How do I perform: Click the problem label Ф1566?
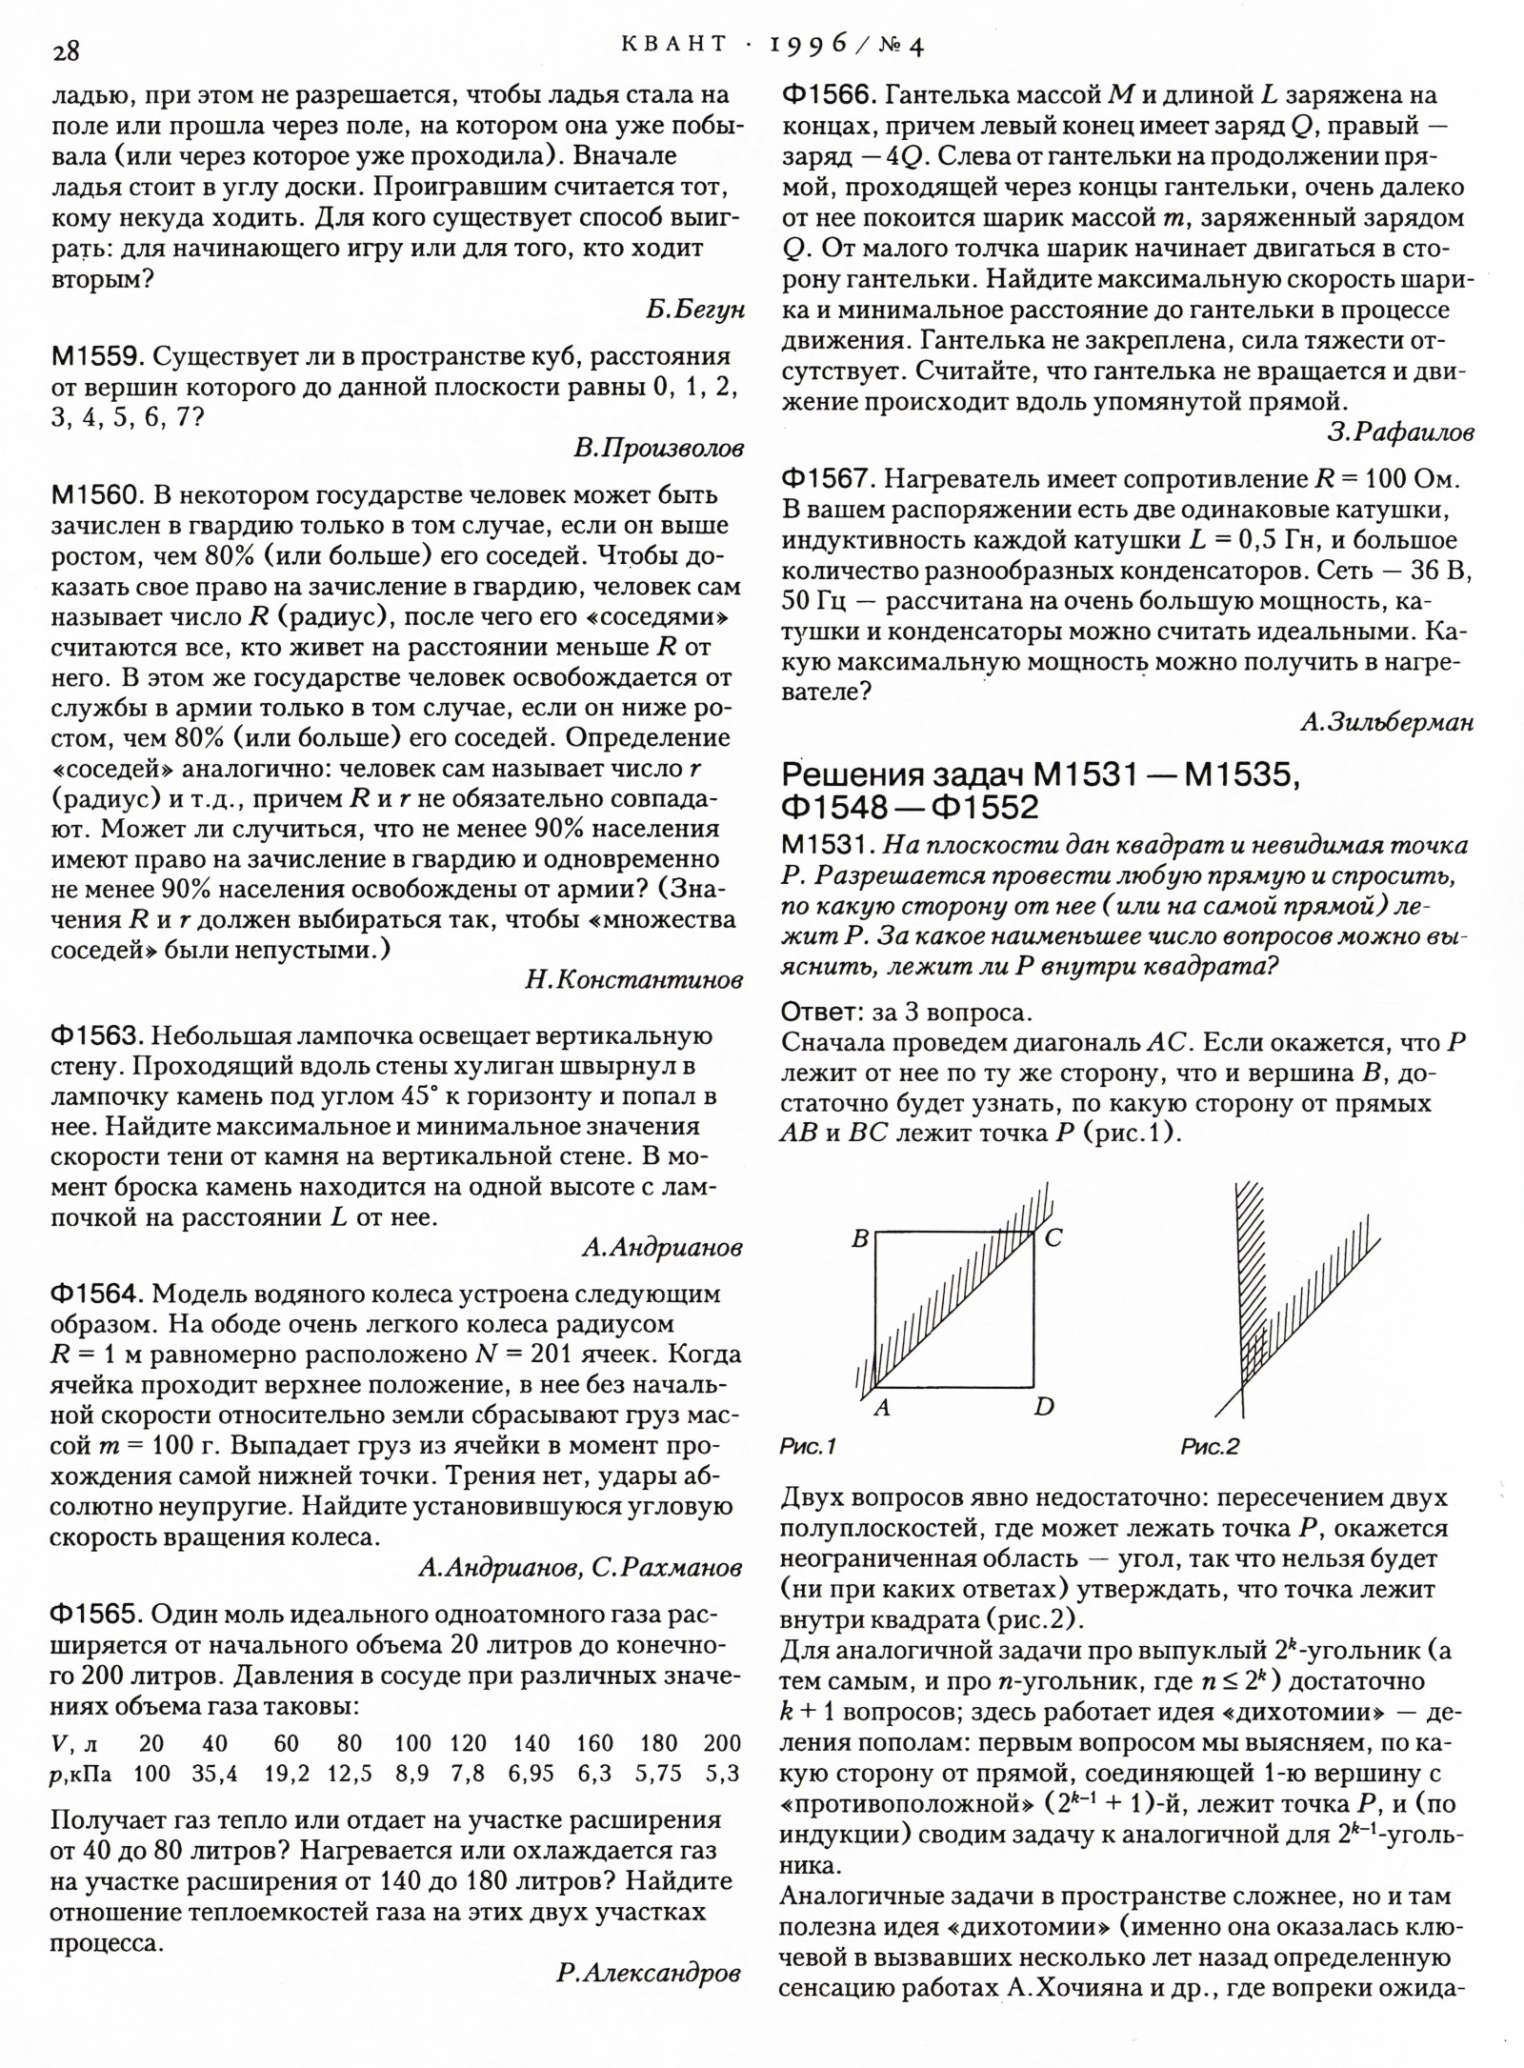pos(827,95)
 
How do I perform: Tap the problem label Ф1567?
pos(827,479)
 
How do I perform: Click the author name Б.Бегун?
pos(694,311)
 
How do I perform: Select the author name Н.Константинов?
pos(633,980)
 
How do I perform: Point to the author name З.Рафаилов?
pos(1400,432)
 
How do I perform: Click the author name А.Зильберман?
pos(1387,723)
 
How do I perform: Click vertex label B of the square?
pos(860,1239)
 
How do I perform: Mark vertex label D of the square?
pos(1044,1407)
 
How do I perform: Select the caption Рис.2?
pos(1210,1447)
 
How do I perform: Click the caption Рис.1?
pos(808,1447)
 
